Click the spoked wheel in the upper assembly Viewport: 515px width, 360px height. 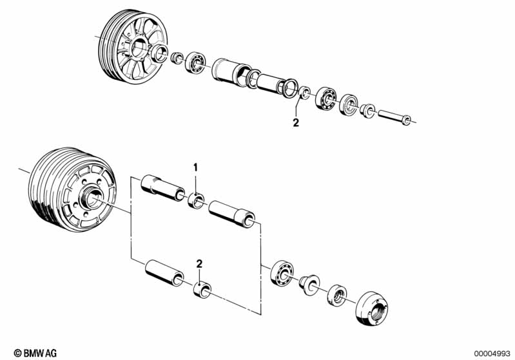coord(133,46)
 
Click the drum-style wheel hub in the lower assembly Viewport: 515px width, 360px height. coord(73,189)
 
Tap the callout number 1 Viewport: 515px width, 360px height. coord(195,167)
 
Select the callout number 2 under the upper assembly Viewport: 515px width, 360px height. coord(296,123)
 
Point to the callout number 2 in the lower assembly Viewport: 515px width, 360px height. coord(199,264)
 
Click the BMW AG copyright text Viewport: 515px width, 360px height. coord(35,353)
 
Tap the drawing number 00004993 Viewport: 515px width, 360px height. coord(492,354)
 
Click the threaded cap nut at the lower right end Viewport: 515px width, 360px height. coord(372,309)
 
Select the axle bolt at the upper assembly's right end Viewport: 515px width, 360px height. coord(394,117)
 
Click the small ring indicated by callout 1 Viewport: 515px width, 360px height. coord(197,200)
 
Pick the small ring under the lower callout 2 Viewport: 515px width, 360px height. coord(202,289)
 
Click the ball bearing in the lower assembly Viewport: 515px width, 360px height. coord(282,272)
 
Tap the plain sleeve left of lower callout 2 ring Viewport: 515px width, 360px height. coord(164,272)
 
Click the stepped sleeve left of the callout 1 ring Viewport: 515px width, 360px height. coord(162,187)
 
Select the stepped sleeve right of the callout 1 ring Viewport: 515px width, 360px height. coord(232,214)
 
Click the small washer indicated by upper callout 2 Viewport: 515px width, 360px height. coord(304,93)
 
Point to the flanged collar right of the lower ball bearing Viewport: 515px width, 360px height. coord(309,285)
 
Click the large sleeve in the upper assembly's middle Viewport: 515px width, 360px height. coord(231,72)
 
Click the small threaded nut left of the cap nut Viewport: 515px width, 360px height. coord(337,295)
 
